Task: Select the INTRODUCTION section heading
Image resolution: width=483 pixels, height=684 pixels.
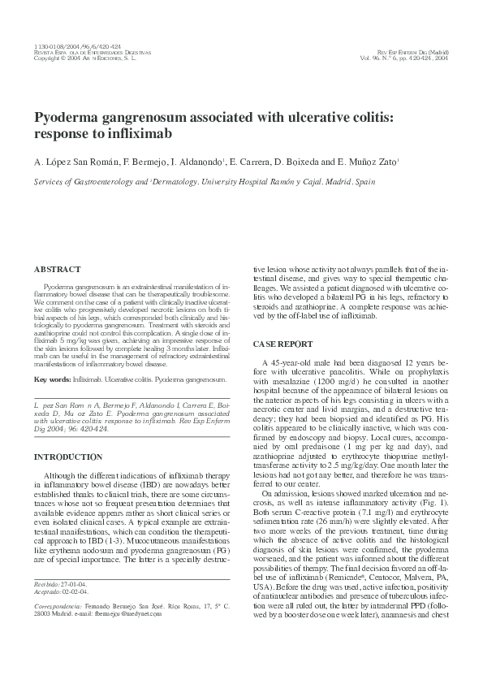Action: (x=68, y=457)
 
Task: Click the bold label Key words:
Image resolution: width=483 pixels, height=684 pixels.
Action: (x=52, y=379)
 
